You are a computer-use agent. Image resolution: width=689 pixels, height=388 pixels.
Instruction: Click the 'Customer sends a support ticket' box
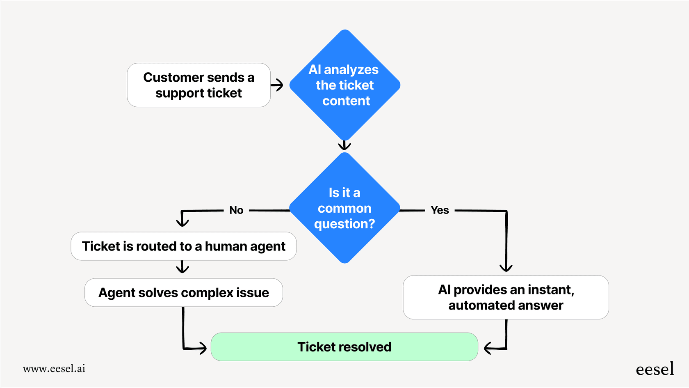[x=198, y=85]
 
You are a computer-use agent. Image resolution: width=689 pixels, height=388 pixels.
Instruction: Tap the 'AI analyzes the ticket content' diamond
[x=344, y=85]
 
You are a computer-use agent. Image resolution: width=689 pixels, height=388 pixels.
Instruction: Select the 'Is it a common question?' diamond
[x=344, y=208]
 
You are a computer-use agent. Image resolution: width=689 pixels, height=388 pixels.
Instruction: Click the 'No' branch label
[x=236, y=210]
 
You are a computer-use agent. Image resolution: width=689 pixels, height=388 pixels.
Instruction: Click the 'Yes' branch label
[x=440, y=210]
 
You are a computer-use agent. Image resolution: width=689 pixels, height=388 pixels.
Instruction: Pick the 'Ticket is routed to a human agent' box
[x=183, y=246]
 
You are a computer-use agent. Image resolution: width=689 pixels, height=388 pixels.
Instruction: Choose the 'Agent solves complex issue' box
[x=183, y=293]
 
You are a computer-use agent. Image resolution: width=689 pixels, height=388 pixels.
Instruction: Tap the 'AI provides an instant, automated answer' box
[x=506, y=297]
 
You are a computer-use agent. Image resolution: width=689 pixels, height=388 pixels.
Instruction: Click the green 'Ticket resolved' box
[x=344, y=347]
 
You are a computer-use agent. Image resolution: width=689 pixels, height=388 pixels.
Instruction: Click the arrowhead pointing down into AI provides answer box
[x=506, y=268]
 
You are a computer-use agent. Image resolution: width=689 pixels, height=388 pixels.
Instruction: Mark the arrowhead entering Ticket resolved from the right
[x=488, y=349]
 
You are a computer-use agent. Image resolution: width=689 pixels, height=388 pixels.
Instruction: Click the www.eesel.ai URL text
[x=54, y=369]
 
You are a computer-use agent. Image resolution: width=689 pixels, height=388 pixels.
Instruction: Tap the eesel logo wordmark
[x=655, y=369]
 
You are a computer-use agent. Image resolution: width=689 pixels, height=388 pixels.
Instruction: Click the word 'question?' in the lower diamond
[x=344, y=224]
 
